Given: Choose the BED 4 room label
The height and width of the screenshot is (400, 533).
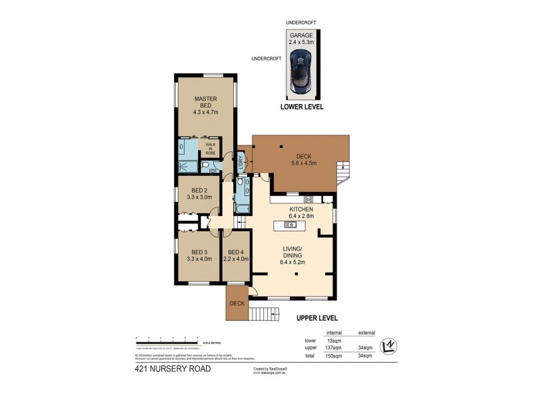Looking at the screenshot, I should point(236,251).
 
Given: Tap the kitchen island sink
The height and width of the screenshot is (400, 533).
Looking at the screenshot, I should point(290,225).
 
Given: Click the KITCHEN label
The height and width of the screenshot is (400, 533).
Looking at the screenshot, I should point(301,209).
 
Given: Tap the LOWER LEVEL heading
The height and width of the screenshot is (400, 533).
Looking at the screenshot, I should point(302,106).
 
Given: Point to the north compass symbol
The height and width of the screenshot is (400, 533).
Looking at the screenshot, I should point(388,346).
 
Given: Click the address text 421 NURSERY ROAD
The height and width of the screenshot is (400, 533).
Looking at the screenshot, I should point(173,368).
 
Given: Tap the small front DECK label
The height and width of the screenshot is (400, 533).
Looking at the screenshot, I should point(237,304).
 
